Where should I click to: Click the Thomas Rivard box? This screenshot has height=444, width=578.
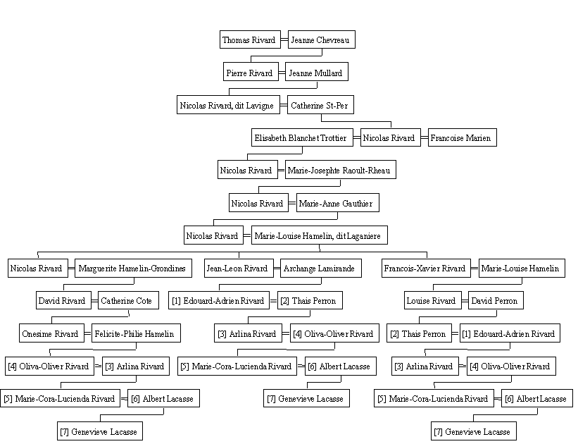250,39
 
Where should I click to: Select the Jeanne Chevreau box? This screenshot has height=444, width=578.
322,39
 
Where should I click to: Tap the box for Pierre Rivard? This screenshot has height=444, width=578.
251,72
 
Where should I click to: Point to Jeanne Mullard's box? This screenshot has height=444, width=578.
317,72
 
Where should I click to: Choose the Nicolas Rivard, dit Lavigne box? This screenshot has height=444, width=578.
228,105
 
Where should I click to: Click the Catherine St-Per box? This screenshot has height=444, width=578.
320,105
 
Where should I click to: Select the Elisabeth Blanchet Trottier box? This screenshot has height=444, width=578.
302,137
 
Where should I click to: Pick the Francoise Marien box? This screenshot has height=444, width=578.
463,137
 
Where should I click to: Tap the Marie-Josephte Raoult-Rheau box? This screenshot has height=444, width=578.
341,169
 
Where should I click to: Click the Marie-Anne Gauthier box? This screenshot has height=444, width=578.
338,203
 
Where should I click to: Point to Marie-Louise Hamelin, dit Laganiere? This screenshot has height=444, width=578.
319,235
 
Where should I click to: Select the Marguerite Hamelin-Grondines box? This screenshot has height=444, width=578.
133,268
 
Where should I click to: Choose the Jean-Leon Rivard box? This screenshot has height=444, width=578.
239,268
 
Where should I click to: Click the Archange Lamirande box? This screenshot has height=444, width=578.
321,268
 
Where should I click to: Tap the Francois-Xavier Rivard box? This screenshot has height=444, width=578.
426,268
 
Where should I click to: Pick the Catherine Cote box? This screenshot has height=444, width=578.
128,300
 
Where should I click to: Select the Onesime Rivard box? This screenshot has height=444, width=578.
51,333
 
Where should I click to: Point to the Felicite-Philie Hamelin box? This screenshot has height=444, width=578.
136,333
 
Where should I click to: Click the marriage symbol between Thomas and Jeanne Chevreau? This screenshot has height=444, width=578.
284,39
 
